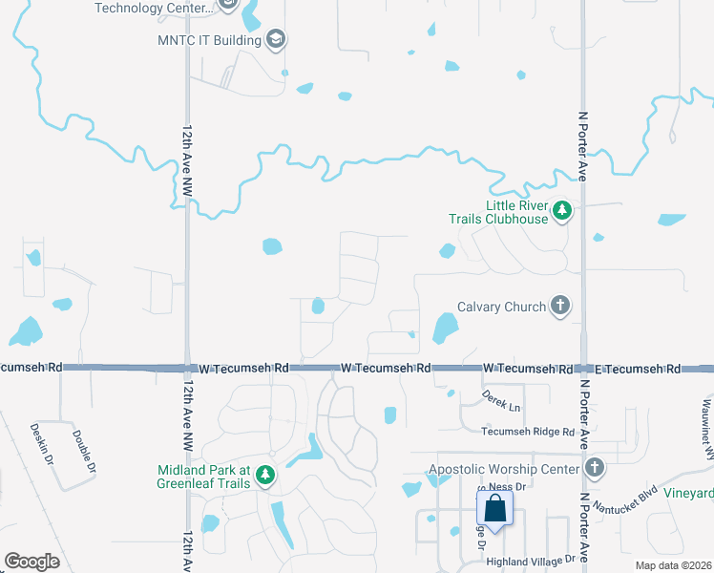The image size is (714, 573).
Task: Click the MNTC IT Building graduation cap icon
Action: click(x=276, y=40)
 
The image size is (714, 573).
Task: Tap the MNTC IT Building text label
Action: click(x=209, y=41)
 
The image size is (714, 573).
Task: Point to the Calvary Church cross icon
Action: click(x=560, y=307)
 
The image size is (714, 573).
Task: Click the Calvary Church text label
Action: click(x=501, y=307)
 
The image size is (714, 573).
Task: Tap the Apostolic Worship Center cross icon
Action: click(x=595, y=468)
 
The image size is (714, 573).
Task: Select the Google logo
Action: click(x=31, y=562)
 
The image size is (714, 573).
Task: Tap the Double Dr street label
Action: click(x=83, y=451)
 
